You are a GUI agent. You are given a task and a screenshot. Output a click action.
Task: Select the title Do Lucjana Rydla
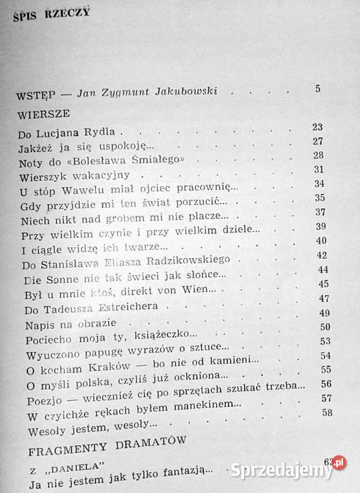tap(67, 129)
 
